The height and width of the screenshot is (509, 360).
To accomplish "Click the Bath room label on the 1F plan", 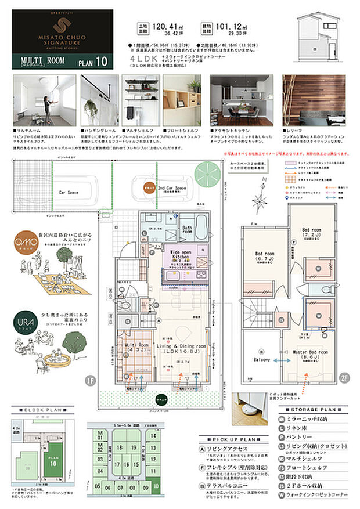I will point(188,231).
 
